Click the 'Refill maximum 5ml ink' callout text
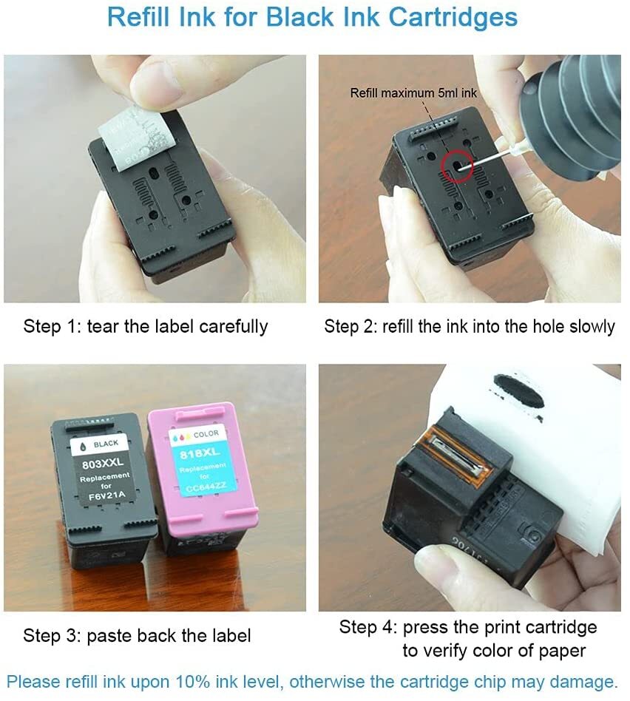click(413, 92)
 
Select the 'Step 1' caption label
click(52, 326)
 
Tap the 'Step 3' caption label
click(52, 634)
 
